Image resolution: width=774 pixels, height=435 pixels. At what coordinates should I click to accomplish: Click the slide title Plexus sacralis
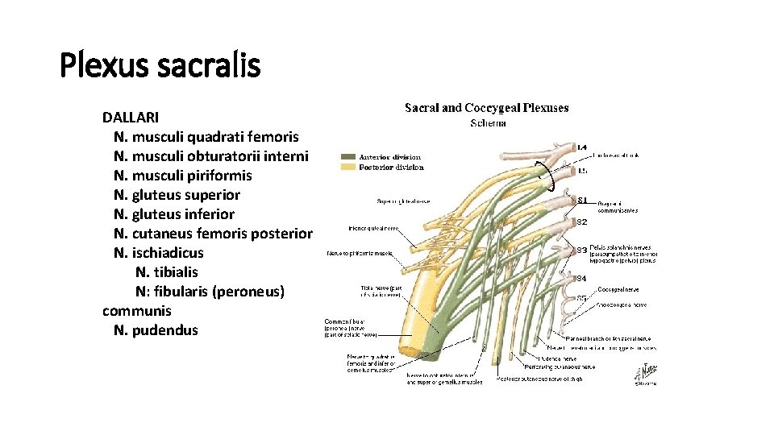coord(160,64)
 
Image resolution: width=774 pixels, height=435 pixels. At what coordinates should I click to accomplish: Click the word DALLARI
coord(131,118)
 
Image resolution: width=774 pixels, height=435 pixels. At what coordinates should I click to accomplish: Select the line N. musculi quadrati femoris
coord(206,137)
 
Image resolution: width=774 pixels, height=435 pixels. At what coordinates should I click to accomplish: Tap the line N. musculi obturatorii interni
coord(211,156)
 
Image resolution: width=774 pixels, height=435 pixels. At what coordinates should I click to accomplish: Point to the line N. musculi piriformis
coord(183,176)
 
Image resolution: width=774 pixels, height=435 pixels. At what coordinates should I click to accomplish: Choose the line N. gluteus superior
coord(177,195)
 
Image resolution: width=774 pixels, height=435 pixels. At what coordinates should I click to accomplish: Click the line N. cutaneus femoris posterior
coord(213,234)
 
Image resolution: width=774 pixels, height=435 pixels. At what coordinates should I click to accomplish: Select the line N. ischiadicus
coord(159,253)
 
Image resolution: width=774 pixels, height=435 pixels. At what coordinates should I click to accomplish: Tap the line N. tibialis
coord(167,272)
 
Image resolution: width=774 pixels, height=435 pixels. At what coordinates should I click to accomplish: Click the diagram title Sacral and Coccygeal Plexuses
coord(486,107)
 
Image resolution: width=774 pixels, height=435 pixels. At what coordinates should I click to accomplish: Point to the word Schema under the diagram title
coord(488,123)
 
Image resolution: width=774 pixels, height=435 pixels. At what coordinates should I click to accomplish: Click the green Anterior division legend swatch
coord(348,156)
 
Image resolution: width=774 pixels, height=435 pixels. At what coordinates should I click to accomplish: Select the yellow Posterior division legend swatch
coord(348,167)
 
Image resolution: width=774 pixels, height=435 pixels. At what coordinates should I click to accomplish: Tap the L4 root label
coord(582,147)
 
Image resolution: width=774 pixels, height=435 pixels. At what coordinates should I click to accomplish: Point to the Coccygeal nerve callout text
coord(619,288)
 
